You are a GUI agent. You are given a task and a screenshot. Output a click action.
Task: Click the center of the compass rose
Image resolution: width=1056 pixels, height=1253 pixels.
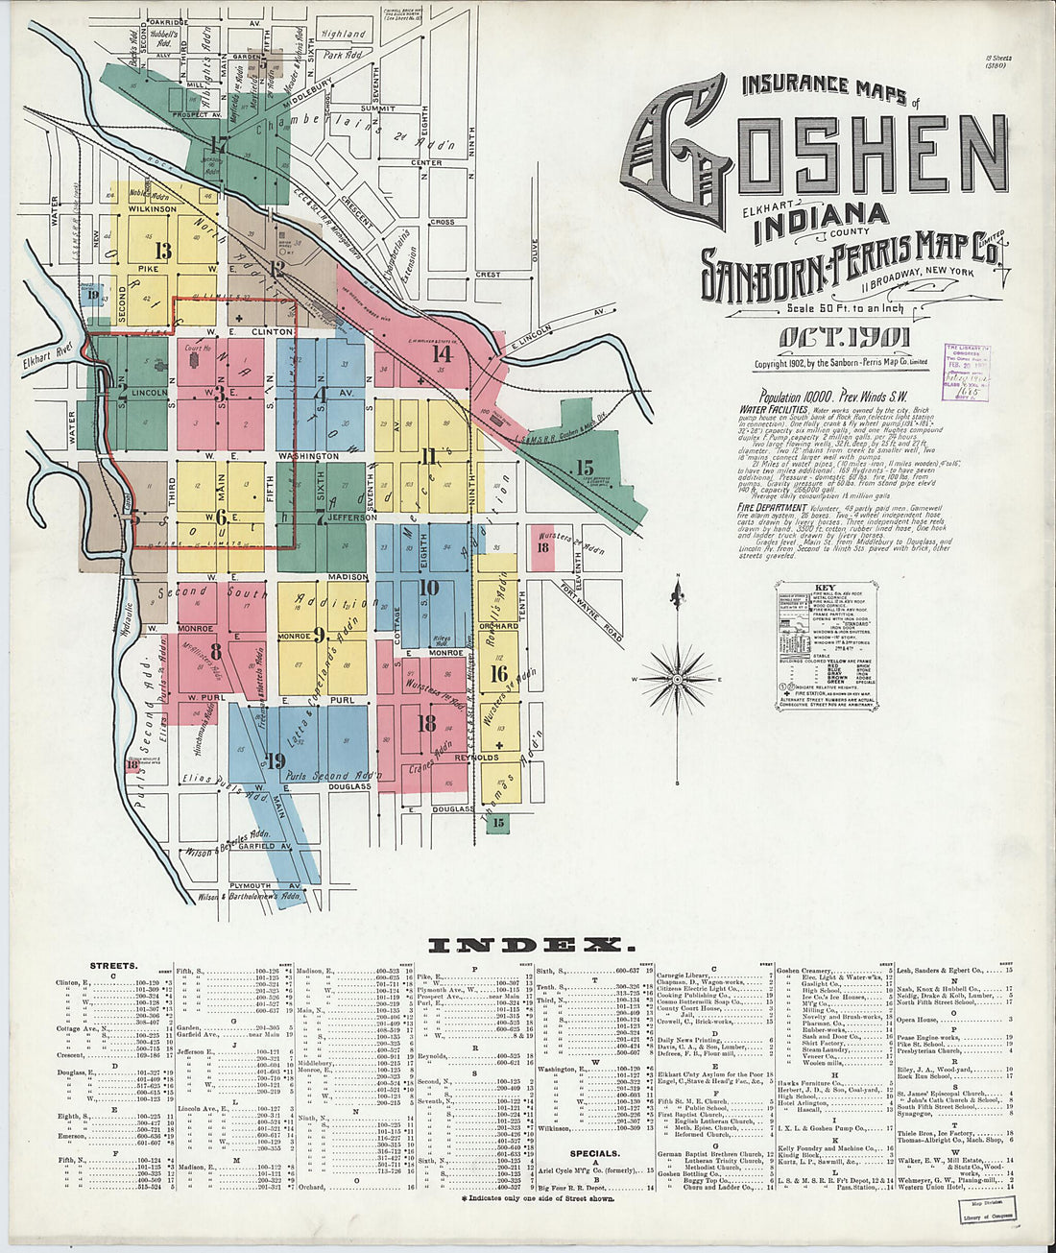679,680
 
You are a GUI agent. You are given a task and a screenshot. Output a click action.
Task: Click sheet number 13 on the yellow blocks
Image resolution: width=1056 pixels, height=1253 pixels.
164,252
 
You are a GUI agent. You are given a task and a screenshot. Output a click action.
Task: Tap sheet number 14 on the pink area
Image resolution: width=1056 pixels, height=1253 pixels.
441,353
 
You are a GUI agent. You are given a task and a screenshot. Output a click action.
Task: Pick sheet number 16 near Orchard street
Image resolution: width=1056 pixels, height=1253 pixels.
498,673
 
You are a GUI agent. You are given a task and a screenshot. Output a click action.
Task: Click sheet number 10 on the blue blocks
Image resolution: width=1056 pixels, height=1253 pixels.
428,588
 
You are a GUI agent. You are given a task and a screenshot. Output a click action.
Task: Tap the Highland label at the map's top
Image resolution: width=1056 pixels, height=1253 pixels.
344,34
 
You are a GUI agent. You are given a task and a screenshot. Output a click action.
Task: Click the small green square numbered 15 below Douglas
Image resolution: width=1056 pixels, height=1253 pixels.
497,822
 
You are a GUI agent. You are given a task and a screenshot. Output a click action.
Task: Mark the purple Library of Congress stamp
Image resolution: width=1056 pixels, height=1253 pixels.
968,370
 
